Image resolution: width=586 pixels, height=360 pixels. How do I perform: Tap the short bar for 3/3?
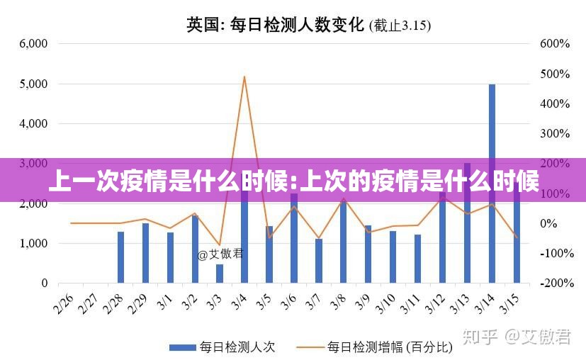tap(220, 274)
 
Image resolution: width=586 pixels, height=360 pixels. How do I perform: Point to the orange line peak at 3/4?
tap(244, 77)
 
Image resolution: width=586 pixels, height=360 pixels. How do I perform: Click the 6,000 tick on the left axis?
tap(33, 43)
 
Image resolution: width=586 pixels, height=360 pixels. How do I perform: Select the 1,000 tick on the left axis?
tap(33, 243)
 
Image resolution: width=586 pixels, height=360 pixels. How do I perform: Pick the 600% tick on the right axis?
tap(555, 43)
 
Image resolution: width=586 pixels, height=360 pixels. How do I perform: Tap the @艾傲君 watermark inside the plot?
tap(220, 254)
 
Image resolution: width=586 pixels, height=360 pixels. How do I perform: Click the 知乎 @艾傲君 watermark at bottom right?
tap(517, 337)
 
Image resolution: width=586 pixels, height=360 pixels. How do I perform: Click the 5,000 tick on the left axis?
tap(33, 84)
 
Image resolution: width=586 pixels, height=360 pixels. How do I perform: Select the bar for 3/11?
tap(417, 259)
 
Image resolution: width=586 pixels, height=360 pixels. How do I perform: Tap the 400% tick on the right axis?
tap(555, 103)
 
